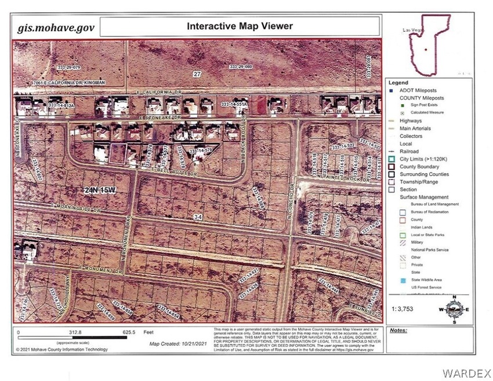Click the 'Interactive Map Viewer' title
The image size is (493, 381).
pyautogui.click(x=240, y=26)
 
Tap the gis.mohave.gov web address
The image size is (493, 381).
pyautogui.click(x=55, y=27)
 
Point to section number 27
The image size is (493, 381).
pyautogui.click(x=198, y=74)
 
